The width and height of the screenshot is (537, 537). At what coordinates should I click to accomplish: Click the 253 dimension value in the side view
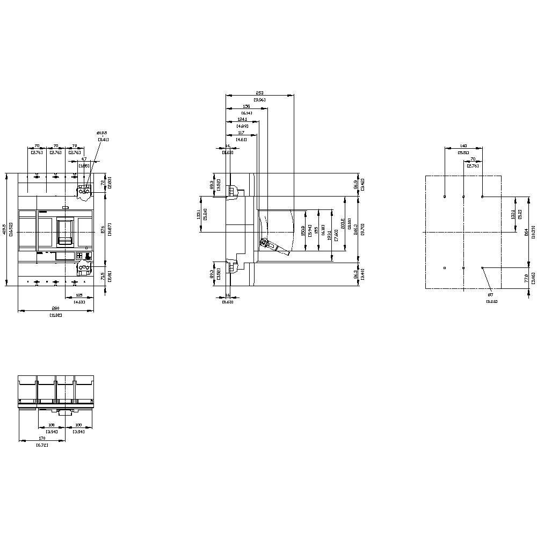[x=259, y=93]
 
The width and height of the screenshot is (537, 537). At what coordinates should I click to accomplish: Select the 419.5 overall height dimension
[x=5, y=229]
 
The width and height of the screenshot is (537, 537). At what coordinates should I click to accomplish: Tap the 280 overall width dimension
[x=55, y=308]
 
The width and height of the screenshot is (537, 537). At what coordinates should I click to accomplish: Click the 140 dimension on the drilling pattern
[x=463, y=146]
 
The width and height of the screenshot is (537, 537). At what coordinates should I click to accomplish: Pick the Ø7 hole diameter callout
[x=490, y=295]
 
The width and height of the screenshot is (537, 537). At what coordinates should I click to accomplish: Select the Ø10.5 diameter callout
[x=102, y=133]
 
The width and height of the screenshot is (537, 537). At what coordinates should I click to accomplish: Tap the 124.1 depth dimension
[x=242, y=119]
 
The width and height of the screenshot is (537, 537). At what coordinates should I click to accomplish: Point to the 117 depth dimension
[x=241, y=132]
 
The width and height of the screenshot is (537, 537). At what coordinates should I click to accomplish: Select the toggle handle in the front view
[x=65, y=230]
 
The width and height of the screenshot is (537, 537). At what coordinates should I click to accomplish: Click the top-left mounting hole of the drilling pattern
[x=445, y=197]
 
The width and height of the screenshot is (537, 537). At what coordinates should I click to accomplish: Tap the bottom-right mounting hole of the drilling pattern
[x=482, y=267]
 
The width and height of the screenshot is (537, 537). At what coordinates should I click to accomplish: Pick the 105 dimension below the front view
[x=79, y=295]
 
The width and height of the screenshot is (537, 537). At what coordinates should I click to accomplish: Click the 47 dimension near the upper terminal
[x=84, y=159]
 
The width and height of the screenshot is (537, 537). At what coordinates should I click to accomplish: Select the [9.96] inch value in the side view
[x=259, y=100]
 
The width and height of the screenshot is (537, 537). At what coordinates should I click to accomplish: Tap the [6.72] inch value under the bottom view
[x=41, y=445]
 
